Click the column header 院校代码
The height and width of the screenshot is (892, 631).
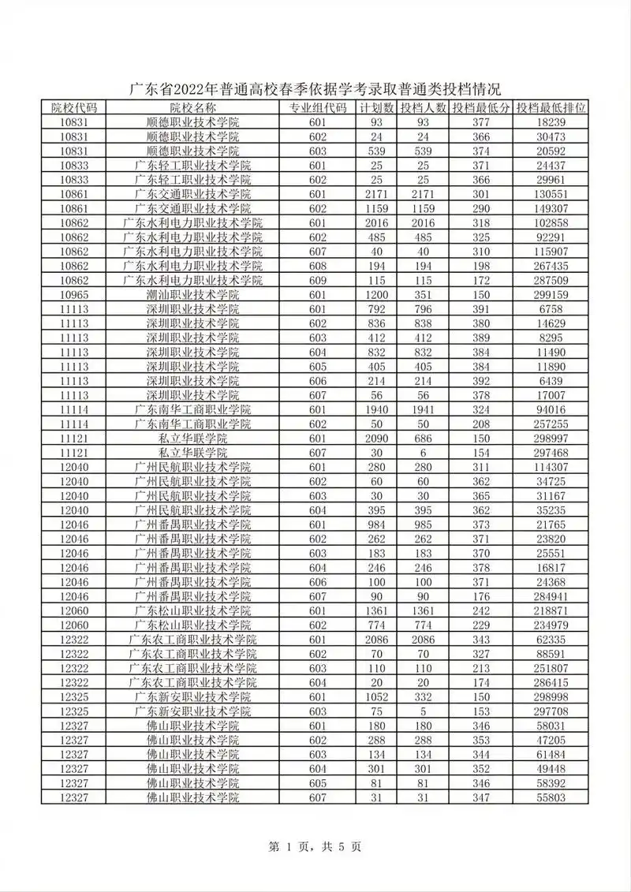click(x=73, y=108)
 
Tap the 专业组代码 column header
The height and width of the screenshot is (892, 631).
click(x=317, y=108)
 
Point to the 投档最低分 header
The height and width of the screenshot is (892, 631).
click(x=480, y=108)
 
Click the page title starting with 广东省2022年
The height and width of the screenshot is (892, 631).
click(x=315, y=88)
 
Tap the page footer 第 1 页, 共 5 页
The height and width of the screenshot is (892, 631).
click(x=315, y=847)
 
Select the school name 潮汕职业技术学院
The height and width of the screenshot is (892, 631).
click(x=192, y=294)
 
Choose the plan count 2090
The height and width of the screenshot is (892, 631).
click(x=375, y=438)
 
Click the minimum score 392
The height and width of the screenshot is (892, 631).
click(x=480, y=380)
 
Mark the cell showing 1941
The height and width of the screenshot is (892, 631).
click(x=423, y=409)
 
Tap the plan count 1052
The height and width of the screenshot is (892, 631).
click(x=375, y=696)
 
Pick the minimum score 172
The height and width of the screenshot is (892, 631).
click(x=480, y=280)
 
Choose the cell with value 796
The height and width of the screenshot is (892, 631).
click(x=423, y=308)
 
